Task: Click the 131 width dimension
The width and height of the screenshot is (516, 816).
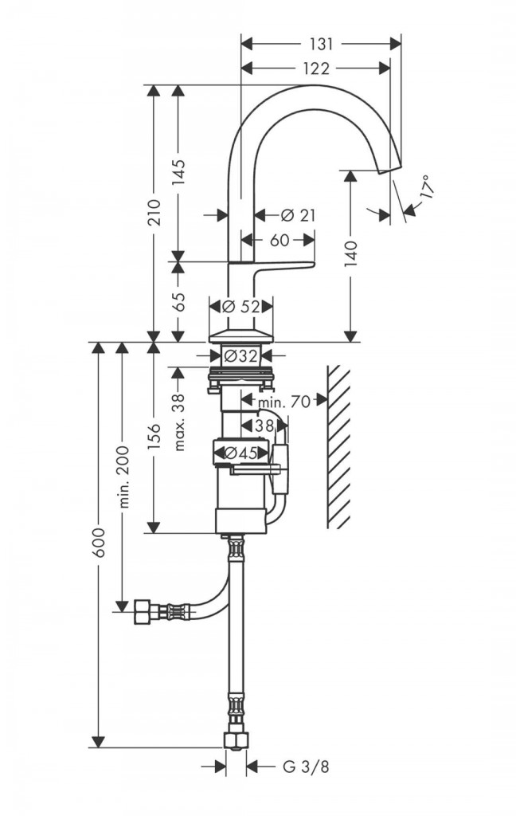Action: click(x=321, y=45)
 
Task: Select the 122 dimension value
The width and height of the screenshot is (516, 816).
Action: click(x=317, y=69)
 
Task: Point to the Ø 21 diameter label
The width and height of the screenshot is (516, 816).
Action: click(x=298, y=214)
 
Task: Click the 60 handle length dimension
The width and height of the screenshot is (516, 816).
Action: click(x=279, y=240)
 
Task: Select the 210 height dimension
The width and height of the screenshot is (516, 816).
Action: click(x=153, y=211)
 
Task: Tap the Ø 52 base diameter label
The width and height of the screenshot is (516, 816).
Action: click(x=240, y=307)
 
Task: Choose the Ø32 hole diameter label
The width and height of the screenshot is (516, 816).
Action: click(x=240, y=356)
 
